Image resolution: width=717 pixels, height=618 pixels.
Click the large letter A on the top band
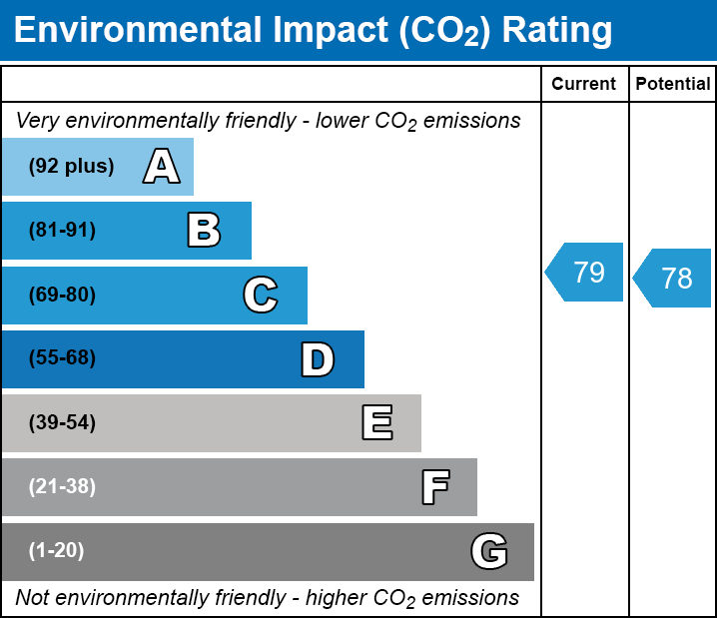click(x=161, y=167)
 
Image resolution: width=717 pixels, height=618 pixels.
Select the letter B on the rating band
click(x=204, y=231)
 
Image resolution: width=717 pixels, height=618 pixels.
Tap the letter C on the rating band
click(x=261, y=296)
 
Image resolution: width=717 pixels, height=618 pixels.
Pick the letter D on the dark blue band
click(x=318, y=359)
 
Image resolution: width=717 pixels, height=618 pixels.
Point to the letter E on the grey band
click(x=376, y=423)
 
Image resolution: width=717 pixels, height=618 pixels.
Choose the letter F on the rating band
click(x=434, y=487)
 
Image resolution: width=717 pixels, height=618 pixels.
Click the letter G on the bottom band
click(x=489, y=551)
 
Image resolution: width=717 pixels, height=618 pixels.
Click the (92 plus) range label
click(x=71, y=167)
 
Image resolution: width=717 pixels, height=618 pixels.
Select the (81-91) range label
click(x=62, y=231)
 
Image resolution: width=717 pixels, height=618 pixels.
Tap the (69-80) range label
click(x=62, y=296)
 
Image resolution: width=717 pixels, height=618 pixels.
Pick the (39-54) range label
click(x=62, y=423)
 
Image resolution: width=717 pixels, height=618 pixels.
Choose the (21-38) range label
click(x=62, y=487)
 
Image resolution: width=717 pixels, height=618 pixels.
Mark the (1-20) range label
click(x=57, y=551)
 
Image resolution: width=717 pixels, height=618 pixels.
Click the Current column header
click(x=584, y=85)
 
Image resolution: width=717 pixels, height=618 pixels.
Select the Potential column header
click(x=673, y=85)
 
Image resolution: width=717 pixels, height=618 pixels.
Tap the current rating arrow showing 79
click(x=585, y=272)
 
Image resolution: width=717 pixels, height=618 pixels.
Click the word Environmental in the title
click(x=136, y=31)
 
